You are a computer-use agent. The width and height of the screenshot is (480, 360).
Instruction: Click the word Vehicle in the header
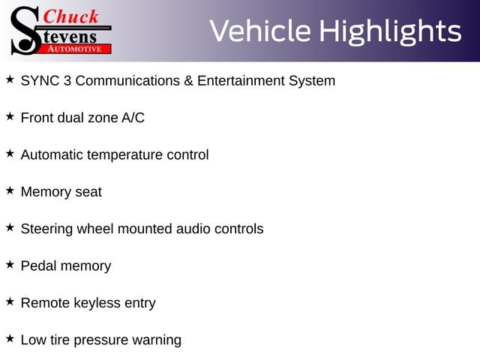(x=260, y=31)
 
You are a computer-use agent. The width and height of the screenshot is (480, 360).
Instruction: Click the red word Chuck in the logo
(x=70, y=16)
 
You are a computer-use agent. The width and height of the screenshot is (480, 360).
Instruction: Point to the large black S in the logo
(x=25, y=31)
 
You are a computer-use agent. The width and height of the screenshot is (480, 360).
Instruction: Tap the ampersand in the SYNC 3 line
(x=188, y=81)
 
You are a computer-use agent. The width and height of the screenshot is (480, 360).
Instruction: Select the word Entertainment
(x=241, y=81)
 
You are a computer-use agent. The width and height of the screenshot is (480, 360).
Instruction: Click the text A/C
(x=133, y=118)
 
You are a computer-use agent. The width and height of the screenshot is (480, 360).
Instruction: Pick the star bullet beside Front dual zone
(x=10, y=116)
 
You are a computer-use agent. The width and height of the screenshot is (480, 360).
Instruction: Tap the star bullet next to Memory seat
(x=10, y=190)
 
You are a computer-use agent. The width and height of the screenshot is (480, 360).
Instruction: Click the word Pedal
(x=39, y=265)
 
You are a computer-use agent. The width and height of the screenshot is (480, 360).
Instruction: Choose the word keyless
(x=97, y=304)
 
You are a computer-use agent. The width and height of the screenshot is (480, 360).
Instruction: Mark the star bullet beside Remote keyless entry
(x=10, y=301)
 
